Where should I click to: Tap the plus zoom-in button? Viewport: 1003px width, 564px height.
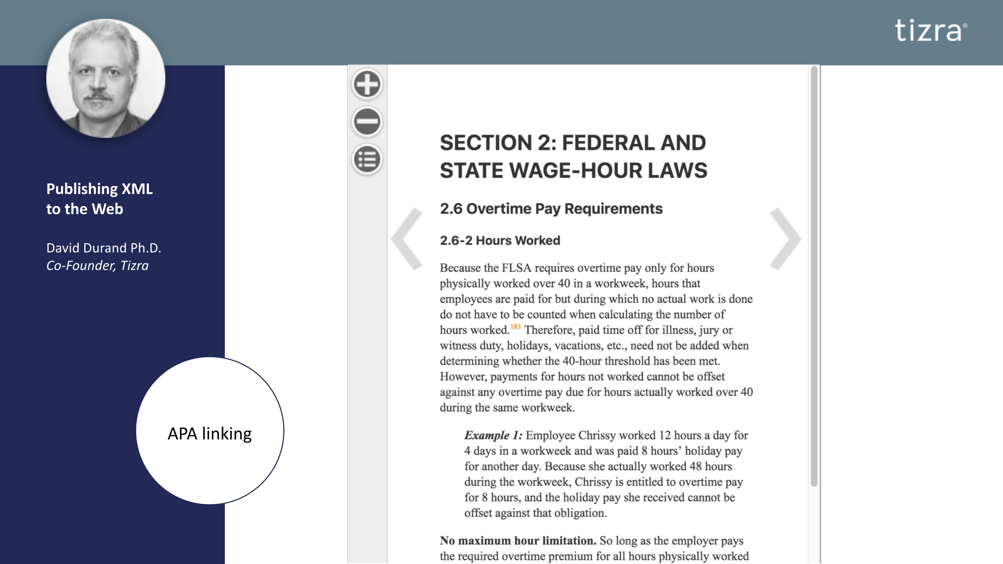click(367, 84)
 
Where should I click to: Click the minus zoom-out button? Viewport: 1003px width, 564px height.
click(367, 121)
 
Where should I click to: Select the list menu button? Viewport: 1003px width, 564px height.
click(367, 159)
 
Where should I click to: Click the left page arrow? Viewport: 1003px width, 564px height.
click(407, 239)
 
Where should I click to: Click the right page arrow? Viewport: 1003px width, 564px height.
click(785, 239)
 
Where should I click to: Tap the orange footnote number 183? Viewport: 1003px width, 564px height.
click(515, 327)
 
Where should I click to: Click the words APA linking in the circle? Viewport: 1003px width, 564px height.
click(210, 434)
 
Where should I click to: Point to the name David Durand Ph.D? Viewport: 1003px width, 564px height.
click(103, 248)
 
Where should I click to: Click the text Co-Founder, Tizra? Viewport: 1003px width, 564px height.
click(97, 265)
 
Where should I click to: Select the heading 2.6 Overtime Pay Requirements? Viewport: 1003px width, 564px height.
click(551, 209)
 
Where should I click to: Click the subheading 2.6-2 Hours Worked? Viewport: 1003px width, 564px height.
click(500, 241)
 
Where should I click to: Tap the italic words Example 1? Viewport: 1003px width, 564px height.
click(493, 435)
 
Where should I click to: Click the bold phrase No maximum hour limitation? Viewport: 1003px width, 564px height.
click(518, 541)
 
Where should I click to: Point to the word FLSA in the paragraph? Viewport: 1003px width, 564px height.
click(516, 268)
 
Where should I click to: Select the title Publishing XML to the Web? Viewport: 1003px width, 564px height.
click(99, 199)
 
